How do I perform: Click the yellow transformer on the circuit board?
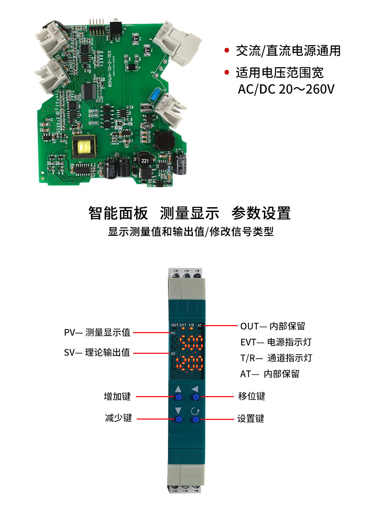84,147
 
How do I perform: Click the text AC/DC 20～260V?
286,89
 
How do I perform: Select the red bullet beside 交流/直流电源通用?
227,50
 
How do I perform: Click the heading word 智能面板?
118,213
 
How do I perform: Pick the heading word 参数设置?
261,213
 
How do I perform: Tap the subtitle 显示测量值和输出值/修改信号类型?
190,232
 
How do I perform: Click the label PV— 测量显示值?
97,332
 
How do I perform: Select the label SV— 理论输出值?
97,352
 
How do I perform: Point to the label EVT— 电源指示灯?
276,342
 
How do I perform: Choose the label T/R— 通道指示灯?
276,358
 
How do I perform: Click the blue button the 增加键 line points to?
178,397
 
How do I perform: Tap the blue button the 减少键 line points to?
178,419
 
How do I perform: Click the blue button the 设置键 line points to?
196,419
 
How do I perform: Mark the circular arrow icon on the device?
195,411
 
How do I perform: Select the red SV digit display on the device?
189,363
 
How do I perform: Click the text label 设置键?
251,419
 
